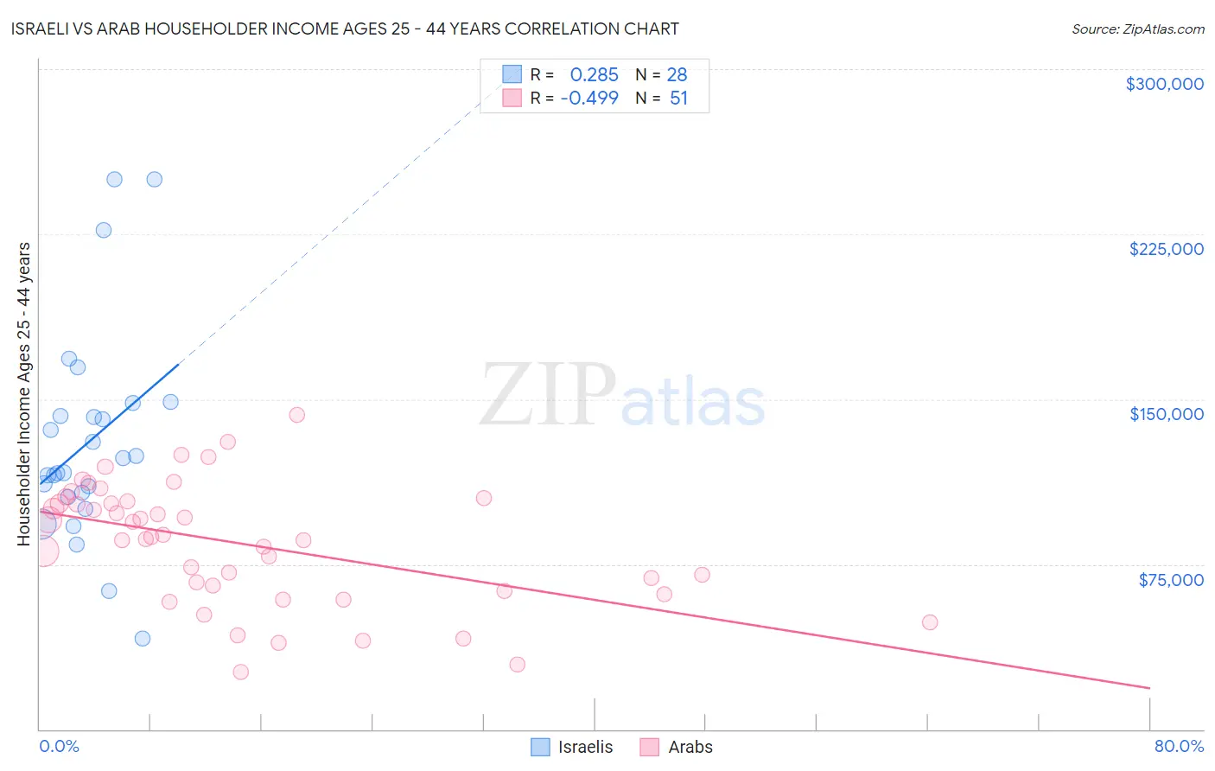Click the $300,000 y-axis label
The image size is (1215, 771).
pos(1164,84)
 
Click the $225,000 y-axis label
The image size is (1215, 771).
pos(1166,249)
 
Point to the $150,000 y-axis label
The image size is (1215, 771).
pos(1166,414)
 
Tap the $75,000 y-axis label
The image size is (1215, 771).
pos(1171,580)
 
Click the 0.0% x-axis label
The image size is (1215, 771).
pos(59,746)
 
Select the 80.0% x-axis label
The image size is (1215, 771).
pos(1179,746)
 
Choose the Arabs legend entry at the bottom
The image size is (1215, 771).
pos(677,747)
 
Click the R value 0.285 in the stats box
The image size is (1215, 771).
pos(594,75)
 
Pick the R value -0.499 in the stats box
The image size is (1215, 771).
pos(589,98)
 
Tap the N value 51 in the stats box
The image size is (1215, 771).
pos(678,98)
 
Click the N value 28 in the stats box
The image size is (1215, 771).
pos(677,75)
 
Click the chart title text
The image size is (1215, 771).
pos(345,29)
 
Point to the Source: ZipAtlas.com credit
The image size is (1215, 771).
pos(1137,29)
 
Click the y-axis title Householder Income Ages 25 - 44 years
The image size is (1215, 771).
pos(23,394)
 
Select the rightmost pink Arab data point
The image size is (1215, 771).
pos(930,622)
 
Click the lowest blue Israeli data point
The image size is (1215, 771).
pos(143,639)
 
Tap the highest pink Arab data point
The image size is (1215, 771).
pos(296,415)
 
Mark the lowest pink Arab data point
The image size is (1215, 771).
pos(241,672)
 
